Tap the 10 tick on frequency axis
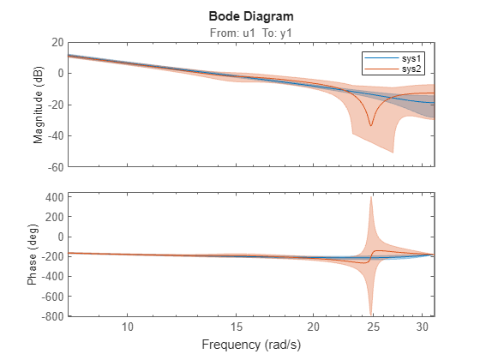click(x=128, y=327)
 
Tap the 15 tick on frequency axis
click(x=237, y=327)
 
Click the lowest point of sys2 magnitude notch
click(x=371, y=125)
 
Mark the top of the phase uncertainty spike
click(x=371, y=197)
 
